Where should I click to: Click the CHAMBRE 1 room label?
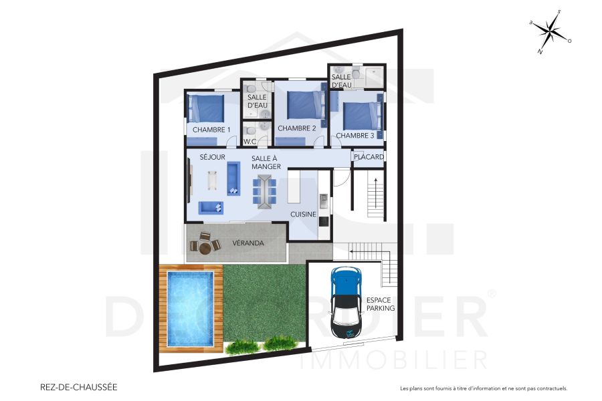pos(211,130)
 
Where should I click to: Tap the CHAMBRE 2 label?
pos(296,128)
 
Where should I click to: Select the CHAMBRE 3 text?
pos(355,136)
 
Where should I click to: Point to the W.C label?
pos(250,142)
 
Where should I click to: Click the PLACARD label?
pos(369,157)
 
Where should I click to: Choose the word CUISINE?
pos(303,214)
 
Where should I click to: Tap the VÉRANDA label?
pos(247,243)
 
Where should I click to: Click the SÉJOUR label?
pos(212,157)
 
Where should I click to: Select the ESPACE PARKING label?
pos(381,304)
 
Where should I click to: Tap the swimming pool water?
pos(191,308)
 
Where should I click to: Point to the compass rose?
pos(550,31)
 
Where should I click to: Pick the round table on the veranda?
pos(205,248)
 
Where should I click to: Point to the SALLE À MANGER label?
pos(266,162)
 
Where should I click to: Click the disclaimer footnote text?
pos(483,388)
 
